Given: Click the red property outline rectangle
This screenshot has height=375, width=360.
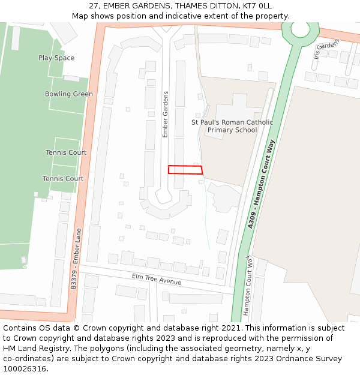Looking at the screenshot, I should (x=185, y=170).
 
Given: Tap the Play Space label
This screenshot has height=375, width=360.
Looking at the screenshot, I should (x=56, y=58).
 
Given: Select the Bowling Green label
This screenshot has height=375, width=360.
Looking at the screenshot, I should (x=69, y=94).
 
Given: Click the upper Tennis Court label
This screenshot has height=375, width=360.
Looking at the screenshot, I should (x=66, y=152).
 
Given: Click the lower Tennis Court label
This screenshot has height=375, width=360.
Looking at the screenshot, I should (x=63, y=179).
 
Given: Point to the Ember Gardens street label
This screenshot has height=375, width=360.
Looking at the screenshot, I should (x=166, y=114).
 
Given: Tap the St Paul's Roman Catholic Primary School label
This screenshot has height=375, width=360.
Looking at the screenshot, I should (x=232, y=126).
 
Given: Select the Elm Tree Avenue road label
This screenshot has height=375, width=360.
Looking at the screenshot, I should (x=157, y=279).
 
